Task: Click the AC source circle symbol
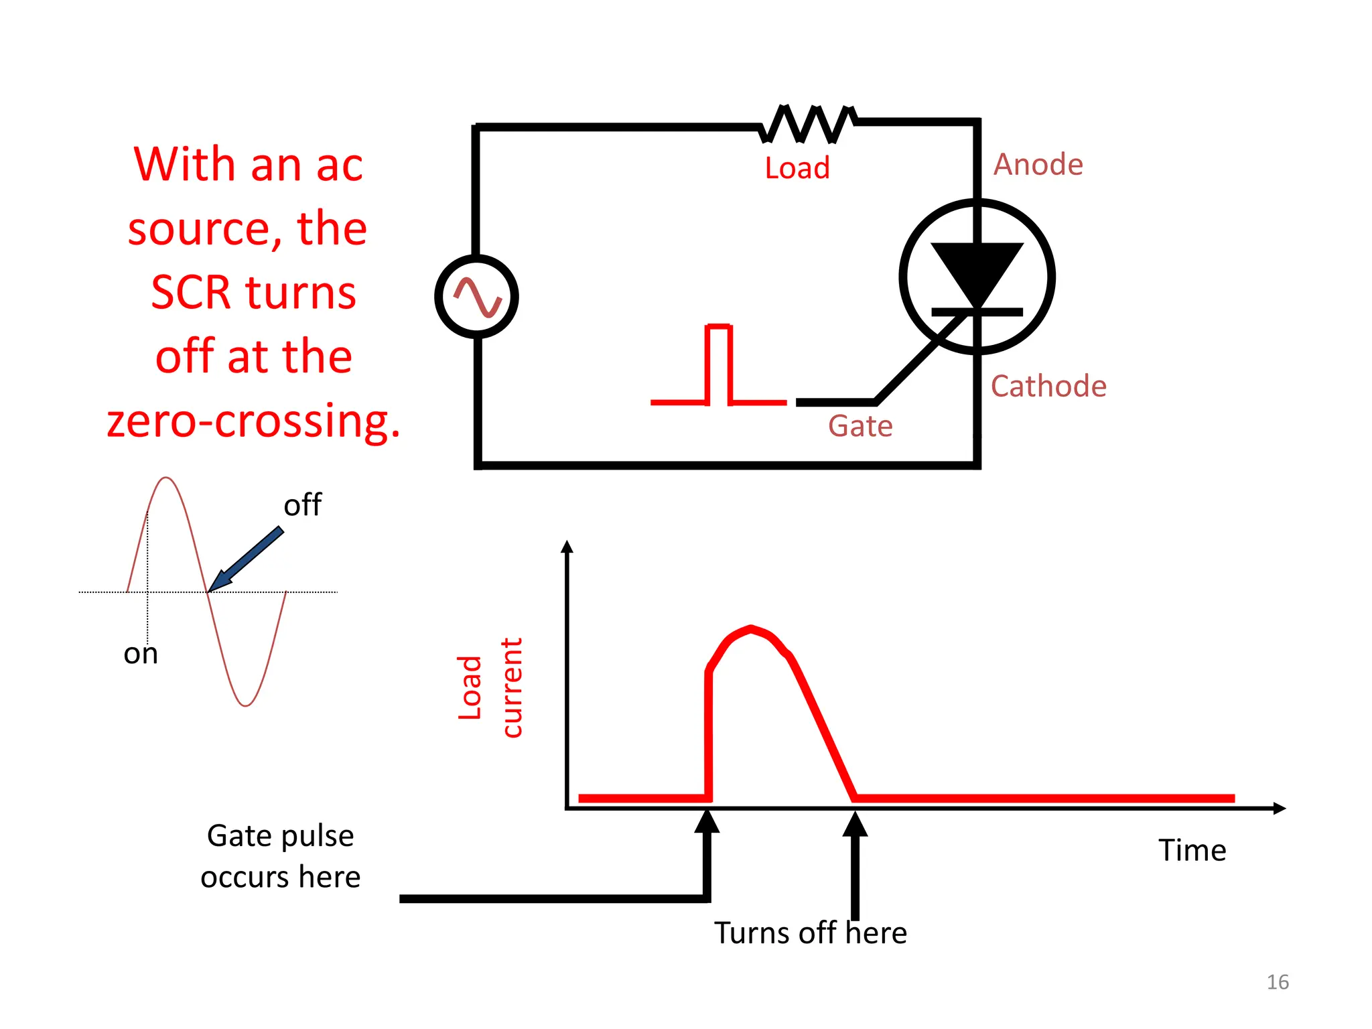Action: click(x=476, y=296)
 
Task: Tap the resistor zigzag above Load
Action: click(x=807, y=124)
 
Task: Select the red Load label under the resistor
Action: click(x=797, y=168)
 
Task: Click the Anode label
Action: click(x=1038, y=165)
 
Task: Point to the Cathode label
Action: click(x=1048, y=387)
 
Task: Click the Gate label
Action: click(x=860, y=426)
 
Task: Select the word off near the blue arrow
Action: click(x=302, y=505)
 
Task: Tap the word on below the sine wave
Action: click(x=141, y=654)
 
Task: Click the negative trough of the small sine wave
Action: click(x=246, y=703)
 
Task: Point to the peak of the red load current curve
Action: click(x=751, y=629)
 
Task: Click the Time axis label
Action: click(x=1192, y=850)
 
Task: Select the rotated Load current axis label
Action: click(x=490, y=687)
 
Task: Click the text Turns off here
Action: click(x=810, y=933)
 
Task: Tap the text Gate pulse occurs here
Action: click(x=281, y=856)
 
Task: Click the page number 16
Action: click(x=1278, y=982)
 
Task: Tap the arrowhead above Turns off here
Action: click(x=855, y=824)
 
